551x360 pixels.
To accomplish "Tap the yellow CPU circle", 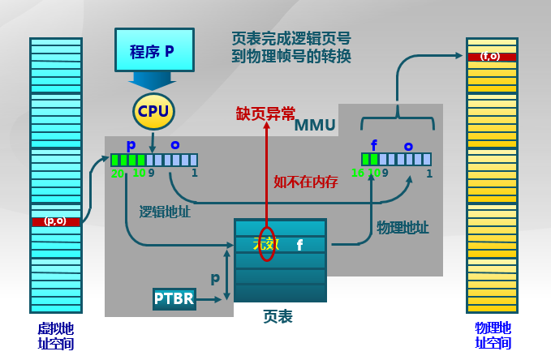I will [153, 109].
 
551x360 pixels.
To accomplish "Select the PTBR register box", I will [174, 298].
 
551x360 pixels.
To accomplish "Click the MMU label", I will [314, 125].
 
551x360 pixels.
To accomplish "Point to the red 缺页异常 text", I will [265, 114].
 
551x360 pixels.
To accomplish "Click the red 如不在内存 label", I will [305, 182].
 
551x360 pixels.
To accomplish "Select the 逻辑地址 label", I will [166, 212].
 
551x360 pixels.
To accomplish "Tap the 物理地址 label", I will [402, 227].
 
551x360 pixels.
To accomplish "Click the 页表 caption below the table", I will [278, 316].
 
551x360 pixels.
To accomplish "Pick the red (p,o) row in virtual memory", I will [56, 221].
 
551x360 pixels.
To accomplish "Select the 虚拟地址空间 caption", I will [55, 336].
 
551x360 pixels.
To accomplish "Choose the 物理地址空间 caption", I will [493, 336].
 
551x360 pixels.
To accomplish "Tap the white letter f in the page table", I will [299, 243].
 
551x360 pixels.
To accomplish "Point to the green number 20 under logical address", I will [117, 173].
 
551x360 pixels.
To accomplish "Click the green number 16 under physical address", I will [358, 173].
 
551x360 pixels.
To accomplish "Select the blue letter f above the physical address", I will [373, 146].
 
